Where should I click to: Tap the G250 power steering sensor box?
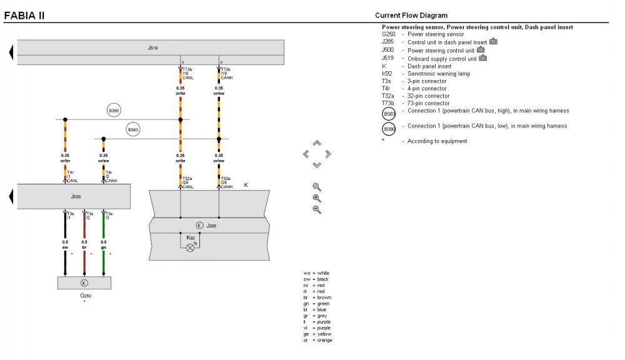pos(84,282)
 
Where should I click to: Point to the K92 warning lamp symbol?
pos(190,247)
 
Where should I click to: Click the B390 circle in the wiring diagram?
pos(114,111)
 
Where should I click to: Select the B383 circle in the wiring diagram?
pos(133,130)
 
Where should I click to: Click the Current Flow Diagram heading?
pos(411,15)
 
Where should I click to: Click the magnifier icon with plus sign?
pos(317,198)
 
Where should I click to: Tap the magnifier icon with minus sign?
pos(317,209)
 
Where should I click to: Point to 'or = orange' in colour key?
pos(317,340)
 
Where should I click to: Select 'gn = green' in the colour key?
pos(317,303)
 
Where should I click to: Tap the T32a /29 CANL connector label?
pos(188,182)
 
